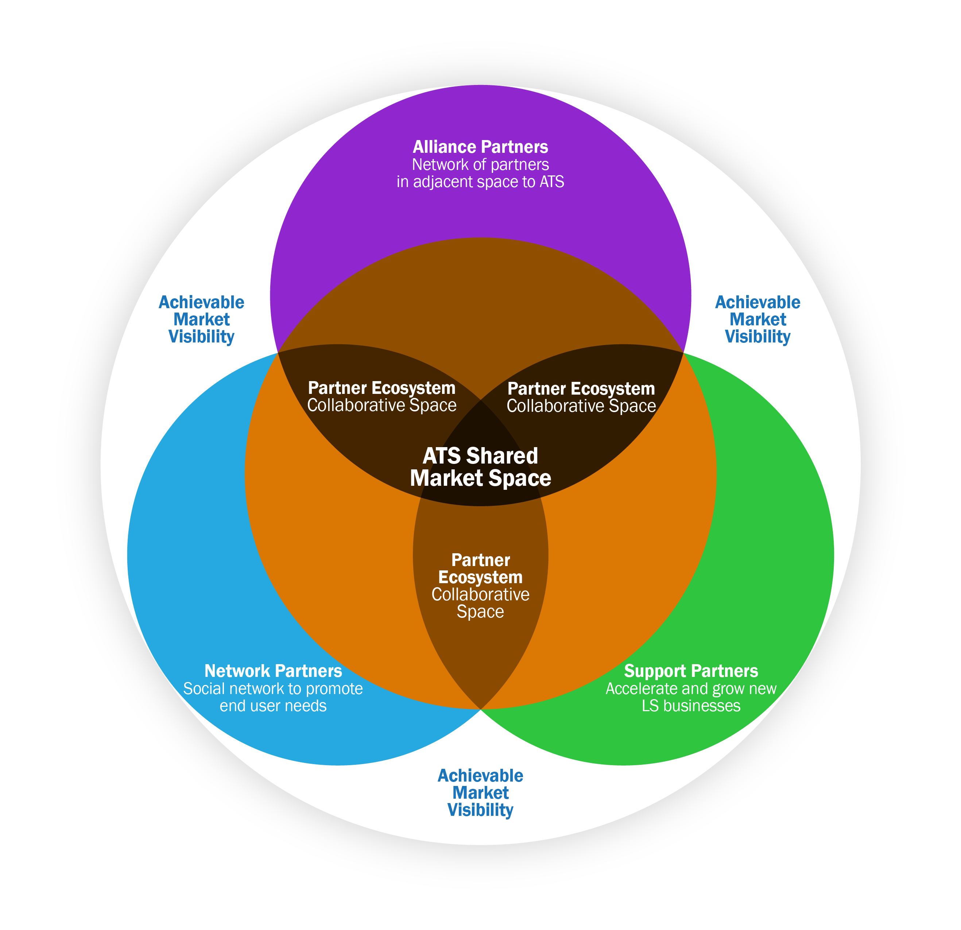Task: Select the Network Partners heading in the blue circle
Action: [x=273, y=671]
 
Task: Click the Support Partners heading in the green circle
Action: [x=691, y=671]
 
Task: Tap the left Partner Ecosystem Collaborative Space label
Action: [x=381, y=396]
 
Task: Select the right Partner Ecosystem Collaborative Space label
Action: [x=581, y=397]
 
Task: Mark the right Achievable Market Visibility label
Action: [x=757, y=319]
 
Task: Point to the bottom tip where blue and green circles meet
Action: [x=481, y=709]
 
